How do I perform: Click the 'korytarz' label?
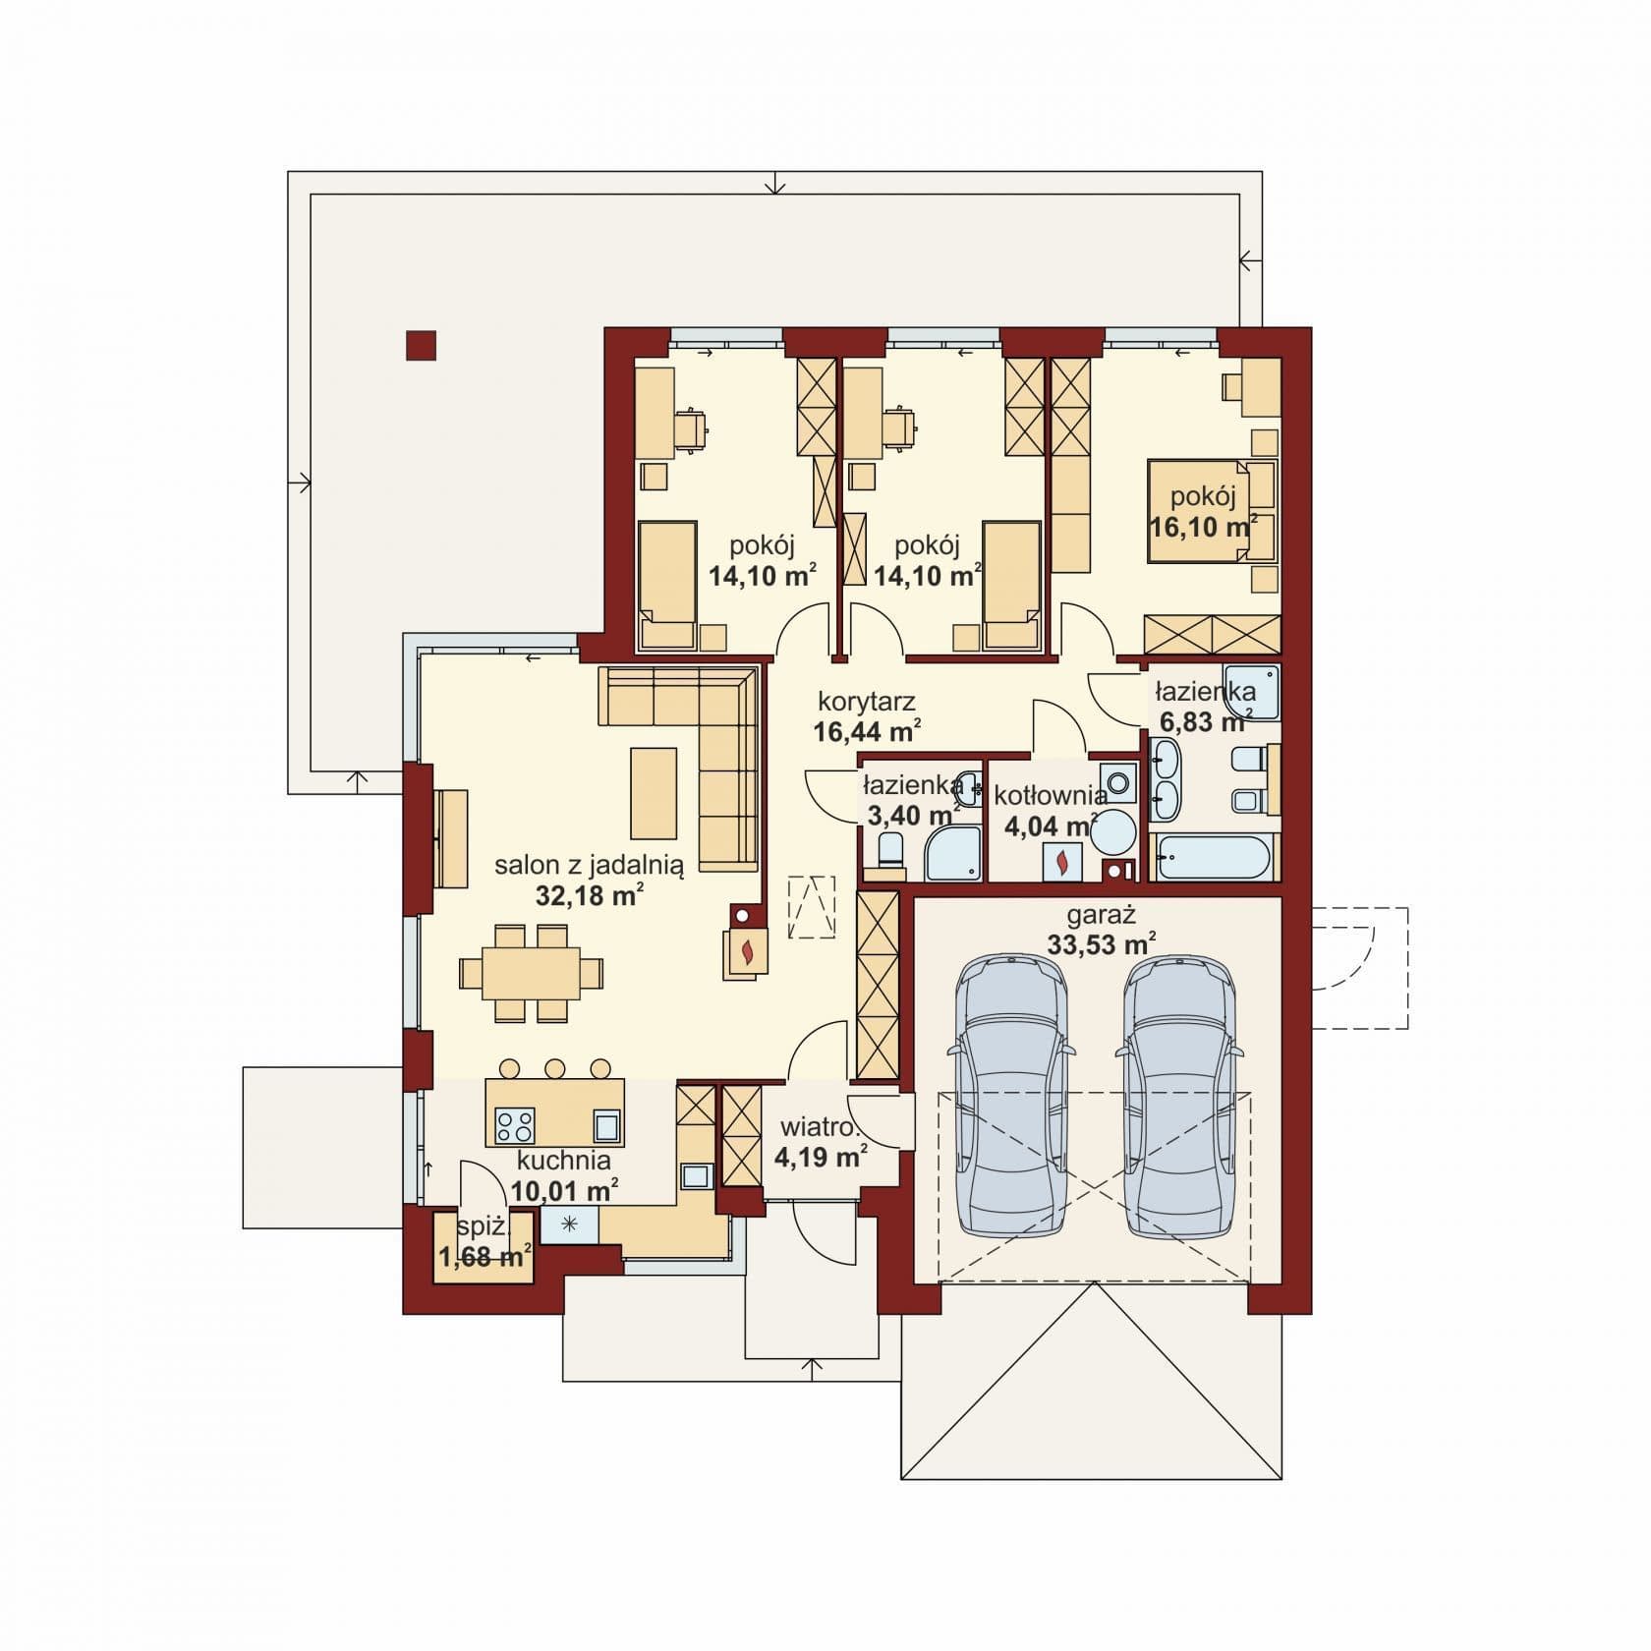(x=867, y=702)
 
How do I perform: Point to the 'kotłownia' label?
(x=1051, y=795)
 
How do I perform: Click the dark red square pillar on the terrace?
(x=422, y=346)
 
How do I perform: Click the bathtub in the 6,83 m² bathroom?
(x=1215, y=858)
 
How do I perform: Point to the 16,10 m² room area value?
(x=1204, y=526)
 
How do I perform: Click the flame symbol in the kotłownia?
(x=1061, y=862)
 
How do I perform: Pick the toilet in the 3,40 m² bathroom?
(x=891, y=849)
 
